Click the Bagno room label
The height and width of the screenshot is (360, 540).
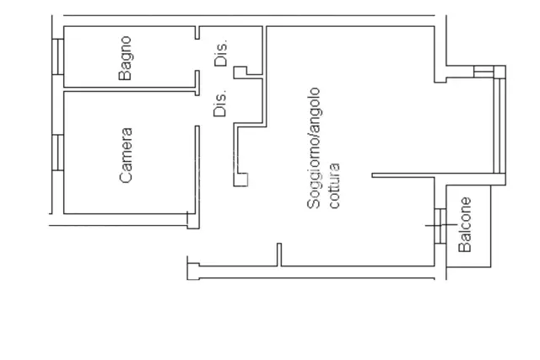coord(125,58)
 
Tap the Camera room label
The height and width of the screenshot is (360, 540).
coord(126,155)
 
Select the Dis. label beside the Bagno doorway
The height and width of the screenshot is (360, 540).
coord(221,52)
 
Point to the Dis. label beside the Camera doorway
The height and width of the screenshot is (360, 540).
coord(220,103)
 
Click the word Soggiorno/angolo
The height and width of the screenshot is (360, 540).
coord(314,148)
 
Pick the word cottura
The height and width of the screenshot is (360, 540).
coord(334,185)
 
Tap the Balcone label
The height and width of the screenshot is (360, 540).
coord(465,225)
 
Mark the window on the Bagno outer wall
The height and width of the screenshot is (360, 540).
coord(58,56)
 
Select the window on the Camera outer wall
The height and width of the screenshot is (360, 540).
coord(58,153)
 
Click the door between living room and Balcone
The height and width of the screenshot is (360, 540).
coord(440,226)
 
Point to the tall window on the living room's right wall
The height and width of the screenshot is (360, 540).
coord(499,126)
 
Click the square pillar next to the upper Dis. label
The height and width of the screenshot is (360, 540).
coord(240,73)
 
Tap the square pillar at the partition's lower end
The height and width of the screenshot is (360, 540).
coord(240,180)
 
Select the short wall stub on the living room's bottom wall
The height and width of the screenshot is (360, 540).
coord(279,255)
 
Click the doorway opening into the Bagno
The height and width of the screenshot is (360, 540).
coord(197,55)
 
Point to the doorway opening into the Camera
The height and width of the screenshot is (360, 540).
coord(197,110)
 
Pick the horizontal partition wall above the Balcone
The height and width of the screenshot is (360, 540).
coord(438,176)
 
